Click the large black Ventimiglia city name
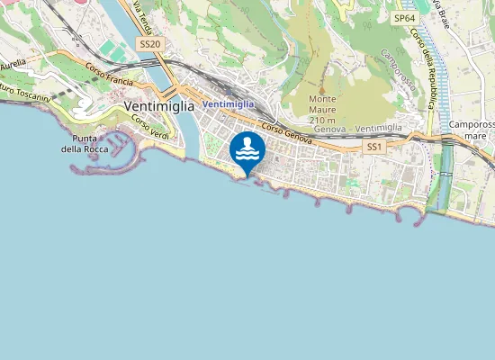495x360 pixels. (157, 106)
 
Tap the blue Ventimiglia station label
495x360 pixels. (229, 104)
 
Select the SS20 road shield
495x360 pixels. (149, 44)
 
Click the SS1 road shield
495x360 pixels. (373, 146)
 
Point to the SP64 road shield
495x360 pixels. (405, 17)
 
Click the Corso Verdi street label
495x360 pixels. (150, 127)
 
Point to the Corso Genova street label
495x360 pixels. (287, 136)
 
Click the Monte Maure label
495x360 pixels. (322, 104)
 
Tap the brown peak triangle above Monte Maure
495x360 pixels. (321, 88)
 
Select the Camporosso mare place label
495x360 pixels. (472, 130)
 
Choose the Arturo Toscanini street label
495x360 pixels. (22, 91)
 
